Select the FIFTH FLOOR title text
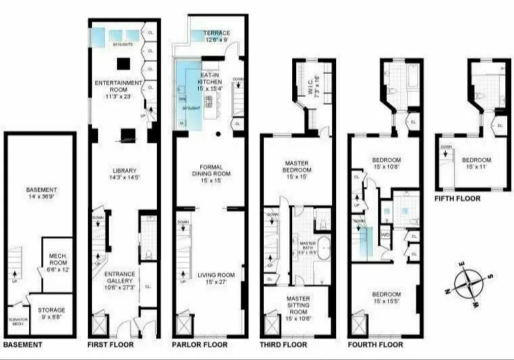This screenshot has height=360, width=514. [x=458, y=198]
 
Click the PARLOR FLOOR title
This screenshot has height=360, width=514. [x=200, y=344]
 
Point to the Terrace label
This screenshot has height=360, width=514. [x=217, y=36]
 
